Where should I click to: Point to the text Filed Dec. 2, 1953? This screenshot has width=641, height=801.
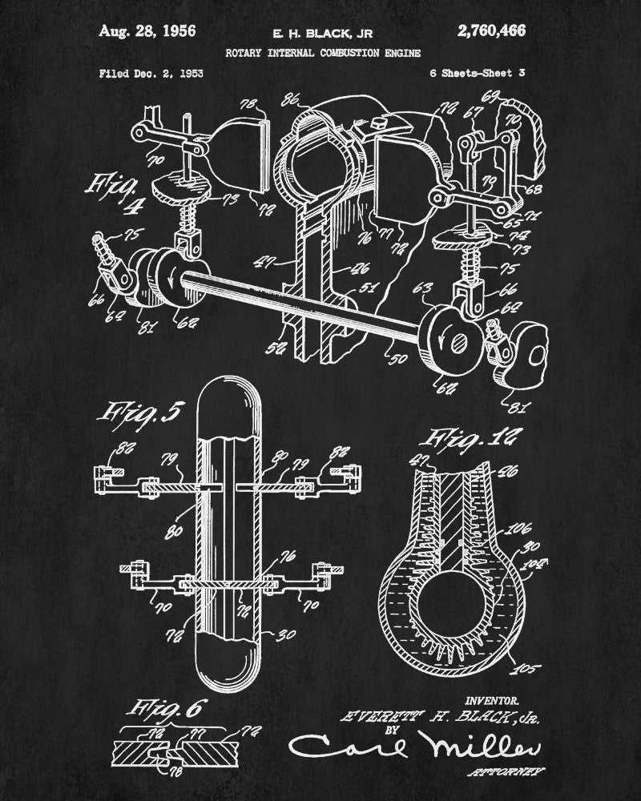tap(151, 74)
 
